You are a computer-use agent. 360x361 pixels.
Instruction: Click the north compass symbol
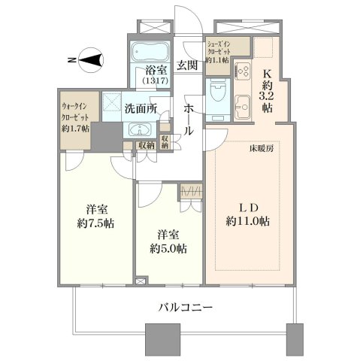pyautogui.click(x=91, y=60)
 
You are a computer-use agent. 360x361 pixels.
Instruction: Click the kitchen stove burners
pyautogui.click(x=243, y=70)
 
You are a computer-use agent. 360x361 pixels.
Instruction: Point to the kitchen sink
pyautogui.click(x=243, y=107)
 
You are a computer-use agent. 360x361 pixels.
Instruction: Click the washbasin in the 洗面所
pyautogui.click(x=139, y=129)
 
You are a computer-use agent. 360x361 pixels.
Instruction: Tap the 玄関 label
pyautogui.click(x=187, y=65)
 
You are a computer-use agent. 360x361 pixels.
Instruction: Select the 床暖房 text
pyautogui.click(x=262, y=148)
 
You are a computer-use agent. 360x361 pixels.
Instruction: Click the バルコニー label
pyautogui.click(x=186, y=307)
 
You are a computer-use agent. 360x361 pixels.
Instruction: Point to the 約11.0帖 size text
pyautogui.click(x=247, y=221)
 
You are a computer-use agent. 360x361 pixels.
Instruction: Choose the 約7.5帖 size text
pyautogui.click(x=95, y=223)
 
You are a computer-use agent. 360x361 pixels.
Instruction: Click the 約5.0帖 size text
pyautogui.click(x=168, y=249)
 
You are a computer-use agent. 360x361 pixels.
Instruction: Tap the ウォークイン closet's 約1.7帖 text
pyautogui.click(x=75, y=129)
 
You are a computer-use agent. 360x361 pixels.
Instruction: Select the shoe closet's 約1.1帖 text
pyautogui.click(x=217, y=60)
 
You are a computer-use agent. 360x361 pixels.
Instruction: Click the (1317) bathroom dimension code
pyautogui.click(x=155, y=80)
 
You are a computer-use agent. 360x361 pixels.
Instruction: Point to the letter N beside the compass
pyautogui.click(x=72, y=60)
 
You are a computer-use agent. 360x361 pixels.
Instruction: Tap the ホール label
pyautogui.click(x=189, y=120)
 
